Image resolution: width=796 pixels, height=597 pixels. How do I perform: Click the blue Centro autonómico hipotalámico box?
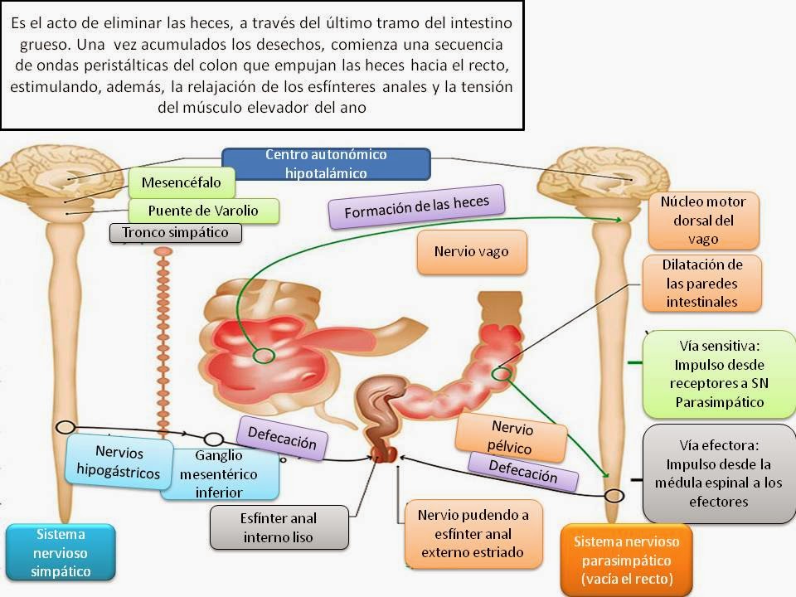326,164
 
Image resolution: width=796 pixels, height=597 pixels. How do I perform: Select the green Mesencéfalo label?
181,182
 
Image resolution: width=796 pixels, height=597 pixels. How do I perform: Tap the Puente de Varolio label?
203,211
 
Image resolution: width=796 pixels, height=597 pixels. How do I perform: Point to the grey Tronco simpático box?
175,232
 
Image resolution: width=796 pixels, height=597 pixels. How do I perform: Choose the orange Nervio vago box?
471,251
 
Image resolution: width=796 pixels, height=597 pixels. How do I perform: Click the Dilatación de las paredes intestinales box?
701,284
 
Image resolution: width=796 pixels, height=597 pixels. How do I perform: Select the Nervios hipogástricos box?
119,462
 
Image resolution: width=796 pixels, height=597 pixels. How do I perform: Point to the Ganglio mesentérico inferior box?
219,473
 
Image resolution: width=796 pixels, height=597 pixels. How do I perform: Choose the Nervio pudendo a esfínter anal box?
473,533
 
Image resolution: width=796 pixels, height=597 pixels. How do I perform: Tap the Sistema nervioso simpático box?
60,551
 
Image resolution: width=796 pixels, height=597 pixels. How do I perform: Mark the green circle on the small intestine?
264,356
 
